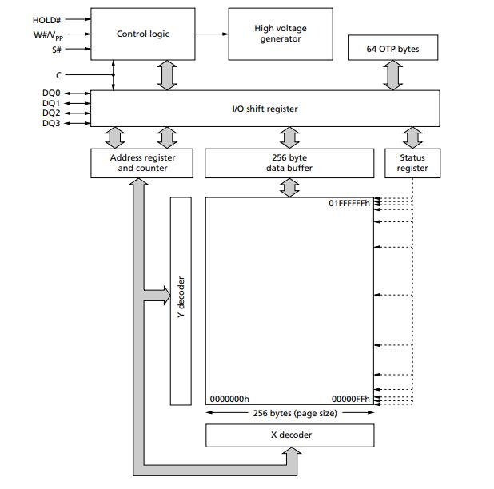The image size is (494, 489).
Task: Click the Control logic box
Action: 143,34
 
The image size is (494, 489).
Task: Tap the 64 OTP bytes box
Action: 393,49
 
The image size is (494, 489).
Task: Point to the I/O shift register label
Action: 264,109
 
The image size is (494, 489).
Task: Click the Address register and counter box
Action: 142,163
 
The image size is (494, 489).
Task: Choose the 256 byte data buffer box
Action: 289,163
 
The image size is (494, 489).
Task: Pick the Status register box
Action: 412,163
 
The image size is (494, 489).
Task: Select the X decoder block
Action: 290,435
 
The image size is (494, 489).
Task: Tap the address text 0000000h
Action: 229,399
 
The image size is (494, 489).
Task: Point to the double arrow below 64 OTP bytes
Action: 393,76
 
